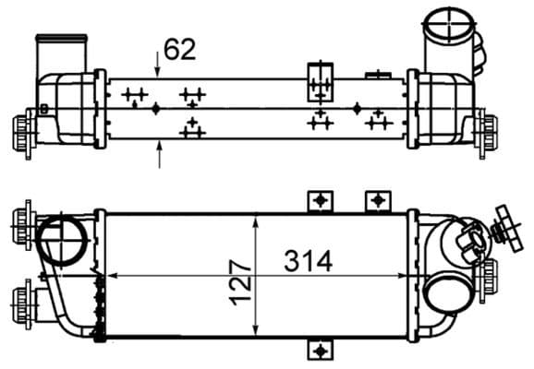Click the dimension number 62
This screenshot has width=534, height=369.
tap(180, 49)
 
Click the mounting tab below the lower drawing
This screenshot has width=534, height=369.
tap(320, 350)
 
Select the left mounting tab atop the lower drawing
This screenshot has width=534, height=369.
tap(321, 200)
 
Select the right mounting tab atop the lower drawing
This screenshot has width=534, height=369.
tap(378, 200)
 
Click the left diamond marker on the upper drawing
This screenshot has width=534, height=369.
tap(156, 109)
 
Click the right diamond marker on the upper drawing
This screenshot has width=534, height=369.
tap(358, 109)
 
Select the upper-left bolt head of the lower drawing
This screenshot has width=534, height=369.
tap(21, 222)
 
